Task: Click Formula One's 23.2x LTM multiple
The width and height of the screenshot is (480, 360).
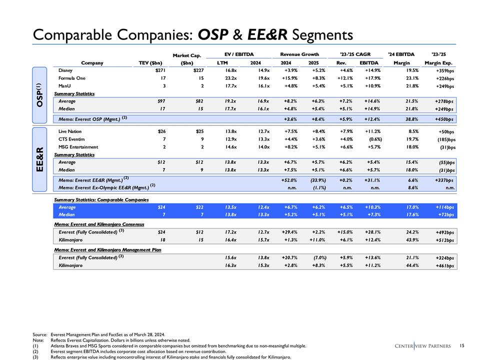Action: (221, 78)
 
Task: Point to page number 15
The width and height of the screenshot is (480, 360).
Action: (462, 345)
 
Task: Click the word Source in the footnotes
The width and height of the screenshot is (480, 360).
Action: (39, 333)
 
